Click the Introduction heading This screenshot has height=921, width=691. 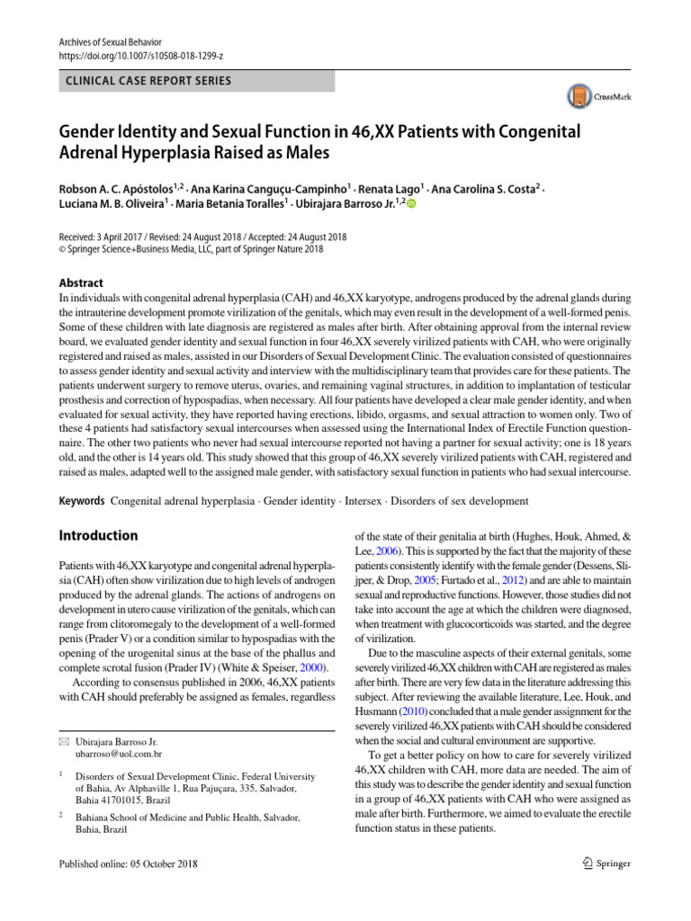click(x=98, y=535)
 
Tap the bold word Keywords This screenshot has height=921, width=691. click(x=79, y=500)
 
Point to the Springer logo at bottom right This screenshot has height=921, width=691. click(x=599, y=864)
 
